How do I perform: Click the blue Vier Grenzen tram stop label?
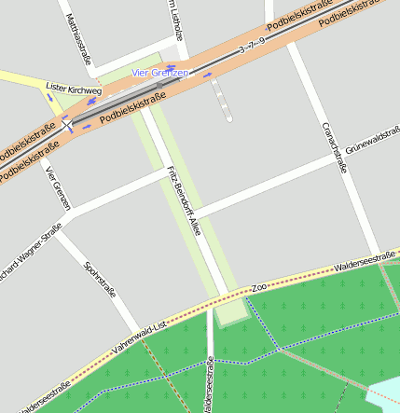pyautogui.click(x=160, y=73)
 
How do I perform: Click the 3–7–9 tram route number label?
pyautogui.click(x=252, y=47)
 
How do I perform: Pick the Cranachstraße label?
pyautogui.click(x=333, y=147)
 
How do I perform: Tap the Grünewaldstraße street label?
pyautogui.click(x=372, y=142)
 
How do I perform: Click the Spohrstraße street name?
pyautogui.click(x=100, y=278)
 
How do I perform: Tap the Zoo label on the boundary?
pyautogui.click(x=259, y=288)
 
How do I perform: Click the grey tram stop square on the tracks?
pyautogui.click(x=160, y=86)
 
